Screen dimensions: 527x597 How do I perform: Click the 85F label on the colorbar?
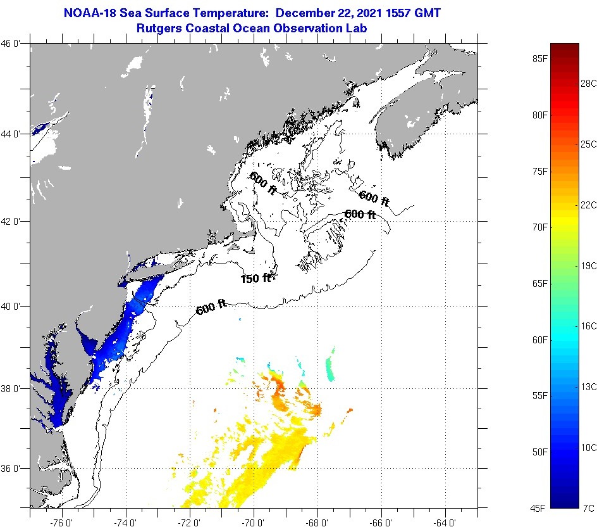[539, 59]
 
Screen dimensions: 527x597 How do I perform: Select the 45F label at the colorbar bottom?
[539, 508]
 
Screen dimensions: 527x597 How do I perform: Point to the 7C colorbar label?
[588, 508]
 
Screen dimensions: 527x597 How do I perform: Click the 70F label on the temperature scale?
[539, 227]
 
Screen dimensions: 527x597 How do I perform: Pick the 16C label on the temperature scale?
[589, 326]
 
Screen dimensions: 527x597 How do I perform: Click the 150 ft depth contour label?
[255, 278]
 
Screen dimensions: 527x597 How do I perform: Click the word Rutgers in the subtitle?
[159, 28]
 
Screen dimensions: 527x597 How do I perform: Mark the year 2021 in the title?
[355, 12]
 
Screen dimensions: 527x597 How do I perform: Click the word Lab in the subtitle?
[358, 28]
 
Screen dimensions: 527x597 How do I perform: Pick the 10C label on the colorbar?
[589, 447]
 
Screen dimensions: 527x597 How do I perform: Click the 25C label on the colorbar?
[589, 144]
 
